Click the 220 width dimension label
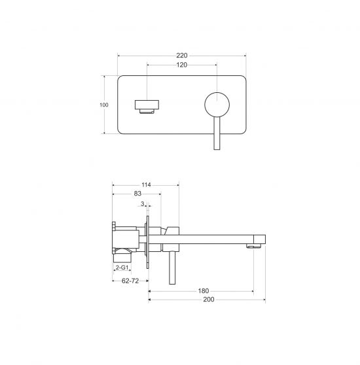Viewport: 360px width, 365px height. click(x=181, y=56)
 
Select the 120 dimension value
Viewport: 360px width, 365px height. click(x=181, y=65)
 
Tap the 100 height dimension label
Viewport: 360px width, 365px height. click(x=104, y=105)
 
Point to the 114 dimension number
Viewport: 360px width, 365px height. click(x=146, y=185)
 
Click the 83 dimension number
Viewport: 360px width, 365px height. click(x=137, y=194)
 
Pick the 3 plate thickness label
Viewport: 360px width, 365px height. click(x=142, y=204)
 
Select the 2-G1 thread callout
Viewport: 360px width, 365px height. click(x=122, y=268)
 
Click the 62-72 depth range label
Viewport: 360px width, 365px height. click(x=130, y=281)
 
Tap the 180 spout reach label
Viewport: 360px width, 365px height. click(x=204, y=290)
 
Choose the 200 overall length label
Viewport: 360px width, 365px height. click(x=209, y=300)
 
